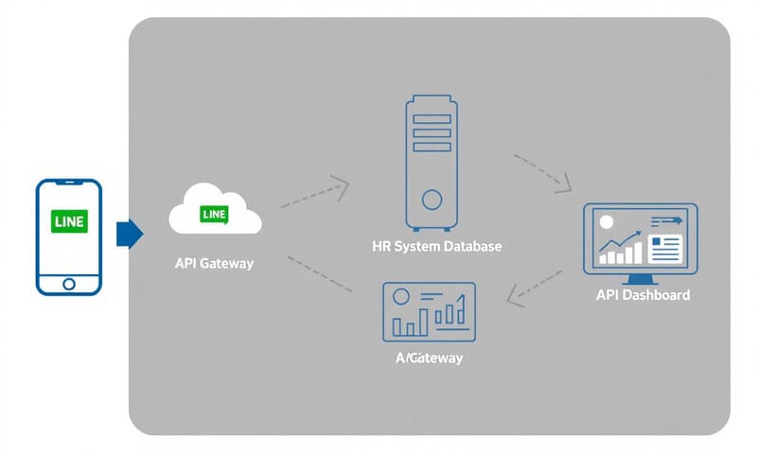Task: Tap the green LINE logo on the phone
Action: coord(68,222)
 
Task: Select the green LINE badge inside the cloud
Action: coord(215,215)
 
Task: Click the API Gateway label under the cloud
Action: coord(215,264)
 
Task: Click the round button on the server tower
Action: coord(431,200)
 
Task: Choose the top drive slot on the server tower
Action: coord(431,120)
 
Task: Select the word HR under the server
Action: coord(382,247)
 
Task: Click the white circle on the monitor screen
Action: coord(607,222)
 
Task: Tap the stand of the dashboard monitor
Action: coord(641,278)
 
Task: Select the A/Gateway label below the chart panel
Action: coord(430,359)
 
